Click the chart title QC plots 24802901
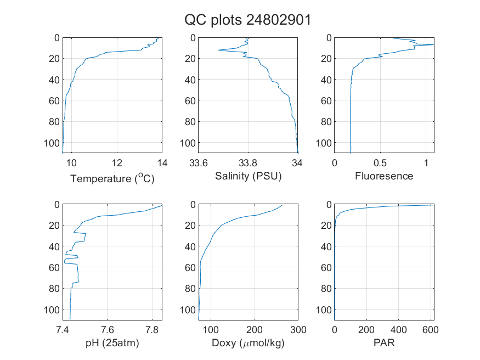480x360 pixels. [x=247, y=20]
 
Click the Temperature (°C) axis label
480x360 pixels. [x=112, y=178]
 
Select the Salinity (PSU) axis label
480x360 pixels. [x=249, y=176]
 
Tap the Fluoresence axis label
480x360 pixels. [x=384, y=176]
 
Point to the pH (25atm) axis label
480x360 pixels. [x=112, y=343]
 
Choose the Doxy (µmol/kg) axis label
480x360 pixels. [x=249, y=343]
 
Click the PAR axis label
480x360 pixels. [x=384, y=342]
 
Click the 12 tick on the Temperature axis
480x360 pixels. [x=117, y=163]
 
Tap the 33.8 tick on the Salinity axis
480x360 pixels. [x=248, y=163]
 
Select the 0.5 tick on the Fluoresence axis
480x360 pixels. [x=380, y=163]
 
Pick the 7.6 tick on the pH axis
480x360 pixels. [x=107, y=330]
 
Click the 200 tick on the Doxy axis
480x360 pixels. [x=255, y=330]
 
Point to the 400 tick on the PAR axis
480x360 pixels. [x=398, y=330]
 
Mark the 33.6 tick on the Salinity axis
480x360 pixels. [x=199, y=163]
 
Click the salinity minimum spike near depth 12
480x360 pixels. [x=218, y=50]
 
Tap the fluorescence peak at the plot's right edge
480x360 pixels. [x=433, y=44]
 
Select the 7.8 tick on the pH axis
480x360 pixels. [x=152, y=330]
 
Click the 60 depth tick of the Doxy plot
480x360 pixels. [x=190, y=267]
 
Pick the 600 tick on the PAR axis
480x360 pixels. [x=431, y=330]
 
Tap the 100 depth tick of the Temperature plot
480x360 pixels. [x=52, y=143]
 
